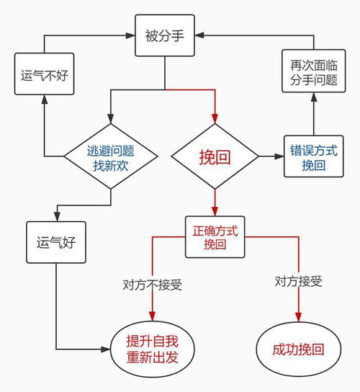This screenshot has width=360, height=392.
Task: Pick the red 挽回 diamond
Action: [215, 156]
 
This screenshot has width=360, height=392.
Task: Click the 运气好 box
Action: [55, 244]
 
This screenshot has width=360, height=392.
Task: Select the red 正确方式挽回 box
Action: [215, 237]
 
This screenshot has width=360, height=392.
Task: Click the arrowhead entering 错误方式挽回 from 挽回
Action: [280, 156]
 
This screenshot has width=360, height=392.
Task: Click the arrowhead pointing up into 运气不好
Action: [43, 101]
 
